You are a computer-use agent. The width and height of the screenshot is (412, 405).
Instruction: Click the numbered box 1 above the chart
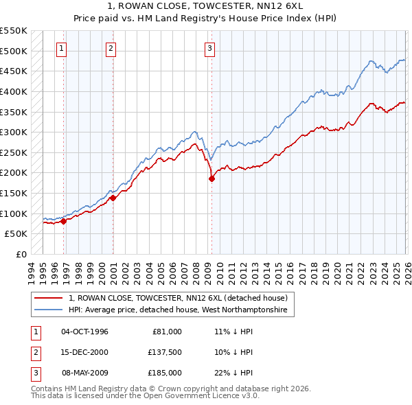(x=62, y=48)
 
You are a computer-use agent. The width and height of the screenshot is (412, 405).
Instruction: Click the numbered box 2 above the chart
(x=111, y=48)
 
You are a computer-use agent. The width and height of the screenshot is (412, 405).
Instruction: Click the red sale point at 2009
(x=211, y=179)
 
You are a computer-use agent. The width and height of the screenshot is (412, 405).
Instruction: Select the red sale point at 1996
(x=63, y=221)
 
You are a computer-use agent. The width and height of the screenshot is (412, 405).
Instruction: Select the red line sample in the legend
(x=49, y=298)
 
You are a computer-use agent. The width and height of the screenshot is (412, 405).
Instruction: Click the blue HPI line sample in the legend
(x=49, y=310)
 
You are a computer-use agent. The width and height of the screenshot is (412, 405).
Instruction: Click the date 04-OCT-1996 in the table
(x=84, y=332)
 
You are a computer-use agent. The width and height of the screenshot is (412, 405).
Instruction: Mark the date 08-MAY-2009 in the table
(x=85, y=373)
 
